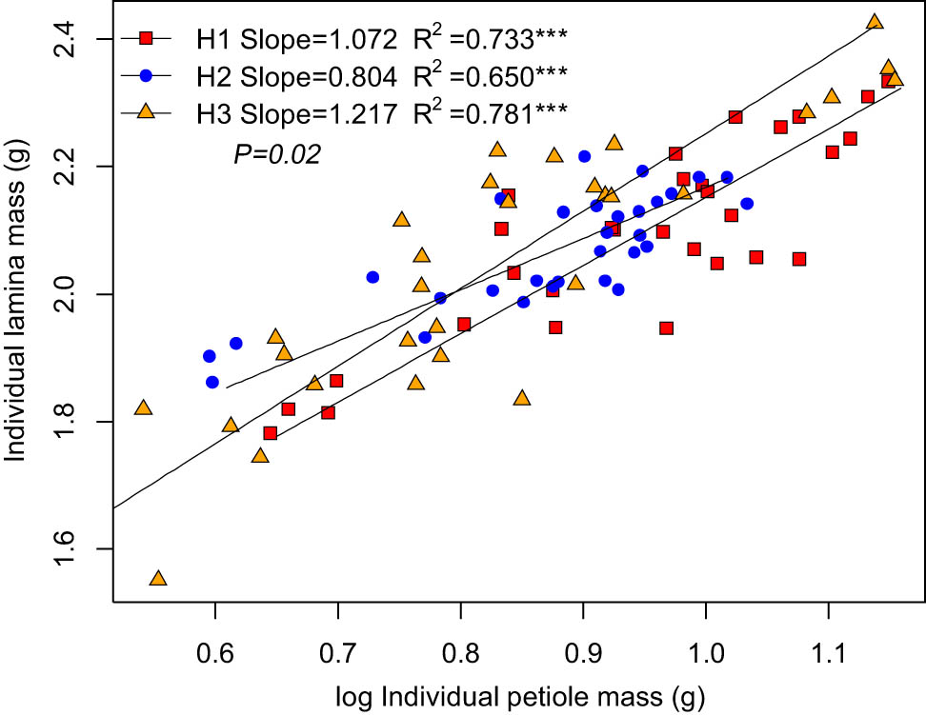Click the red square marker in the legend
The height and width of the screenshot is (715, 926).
point(146,38)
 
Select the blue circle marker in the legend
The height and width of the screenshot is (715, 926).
point(146,75)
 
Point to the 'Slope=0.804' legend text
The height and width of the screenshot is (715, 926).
point(319,75)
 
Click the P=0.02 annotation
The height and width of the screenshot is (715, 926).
point(277,153)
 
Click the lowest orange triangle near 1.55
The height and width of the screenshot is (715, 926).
point(158,579)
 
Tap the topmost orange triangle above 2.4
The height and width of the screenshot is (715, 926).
point(875,22)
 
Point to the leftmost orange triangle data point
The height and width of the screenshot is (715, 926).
point(144,407)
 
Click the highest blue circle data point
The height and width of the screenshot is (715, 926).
point(584,156)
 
